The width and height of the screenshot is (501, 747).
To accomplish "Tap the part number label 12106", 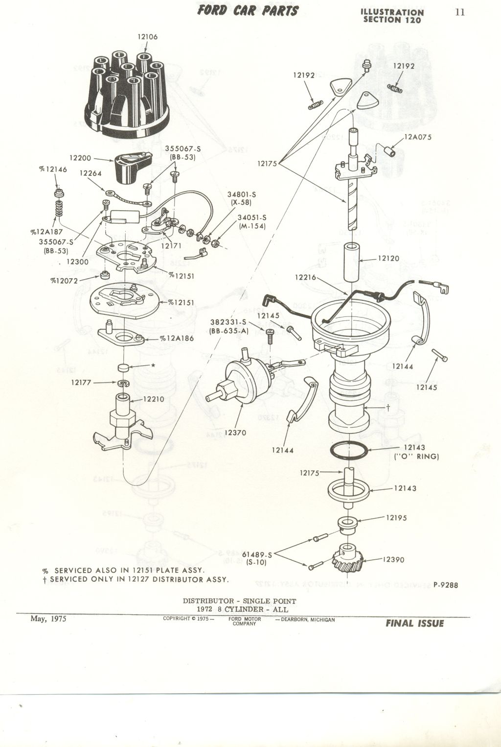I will coord(147,36).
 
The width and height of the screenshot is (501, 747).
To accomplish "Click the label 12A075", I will coord(418,137).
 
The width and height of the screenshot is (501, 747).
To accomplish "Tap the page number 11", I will coord(459,12).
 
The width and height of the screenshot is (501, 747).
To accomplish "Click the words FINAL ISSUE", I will coord(414,624).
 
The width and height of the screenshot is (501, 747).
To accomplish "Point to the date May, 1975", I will coord(48,619).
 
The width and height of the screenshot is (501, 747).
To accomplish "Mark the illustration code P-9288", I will coord(445,584).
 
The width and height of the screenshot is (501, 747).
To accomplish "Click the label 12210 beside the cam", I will coord(154,399).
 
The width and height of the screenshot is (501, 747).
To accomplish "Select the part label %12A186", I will coord(177,338).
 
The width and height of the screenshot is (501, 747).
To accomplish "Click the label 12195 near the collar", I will coord(396,518).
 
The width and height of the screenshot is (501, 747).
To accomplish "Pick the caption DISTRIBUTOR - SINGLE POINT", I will coord(239,601).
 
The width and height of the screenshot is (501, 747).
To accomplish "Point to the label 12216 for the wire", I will coord(306,277).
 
